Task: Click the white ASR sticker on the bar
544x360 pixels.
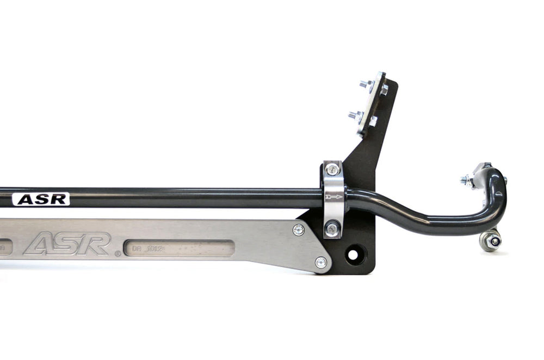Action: coord(41,199)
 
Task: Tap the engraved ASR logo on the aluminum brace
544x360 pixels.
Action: coord(67,244)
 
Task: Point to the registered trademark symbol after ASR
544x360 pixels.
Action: coord(118,253)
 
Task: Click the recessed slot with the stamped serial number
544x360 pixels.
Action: coord(179,249)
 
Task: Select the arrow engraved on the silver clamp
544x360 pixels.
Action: coord(334,196)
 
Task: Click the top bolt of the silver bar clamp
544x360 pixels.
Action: coord(332,170)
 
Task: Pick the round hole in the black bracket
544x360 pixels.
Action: coord(353,253)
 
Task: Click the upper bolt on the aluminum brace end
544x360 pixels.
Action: coord(298,229)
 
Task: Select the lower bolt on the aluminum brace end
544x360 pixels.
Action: coord(321,263)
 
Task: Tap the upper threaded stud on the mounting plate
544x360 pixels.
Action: coord(364,84)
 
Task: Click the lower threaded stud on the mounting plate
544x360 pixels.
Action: coord(354,115)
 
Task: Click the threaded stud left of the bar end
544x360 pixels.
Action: coord(466,179)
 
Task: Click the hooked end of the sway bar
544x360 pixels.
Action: coord(498,188)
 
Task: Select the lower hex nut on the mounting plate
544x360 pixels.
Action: coord(373,121)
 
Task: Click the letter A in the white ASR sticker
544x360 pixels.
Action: coord(24,200)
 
